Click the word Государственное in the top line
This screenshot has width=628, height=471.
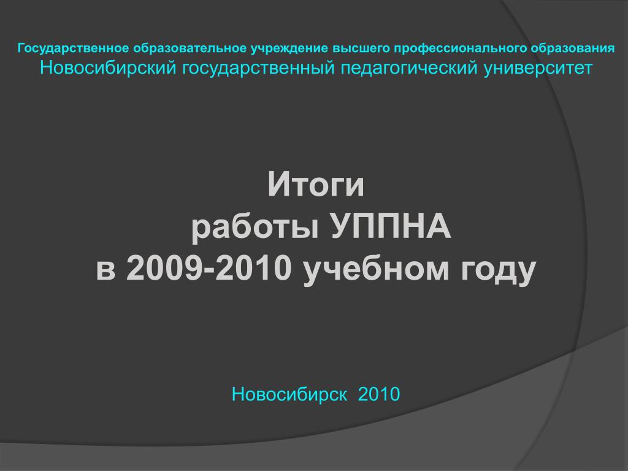tap(74, 48)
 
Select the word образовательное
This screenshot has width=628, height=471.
tap(190, 48)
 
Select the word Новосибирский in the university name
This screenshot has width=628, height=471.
tap(108, 67)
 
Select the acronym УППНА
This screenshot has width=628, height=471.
tap(391, 226)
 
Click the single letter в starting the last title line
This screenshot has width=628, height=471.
tap(105, 270)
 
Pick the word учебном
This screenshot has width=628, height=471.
tap(376, 270)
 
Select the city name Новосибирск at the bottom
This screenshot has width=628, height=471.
tap(289, 394)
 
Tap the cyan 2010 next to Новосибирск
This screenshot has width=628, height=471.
tap(379, 394)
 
